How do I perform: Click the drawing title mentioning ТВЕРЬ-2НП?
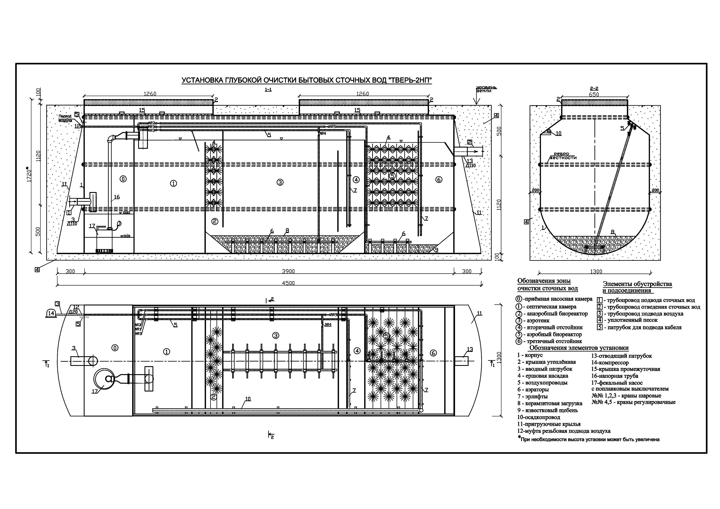pyautogui.click(x=307, y=81)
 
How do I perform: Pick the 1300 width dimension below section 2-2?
pyautogui.click(x=596, y=272)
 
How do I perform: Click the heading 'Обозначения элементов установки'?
pyautogui.click(x=579, y=348)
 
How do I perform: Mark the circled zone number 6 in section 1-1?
pyautogui.click(x=439, y=180)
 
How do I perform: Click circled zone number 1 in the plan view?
pyautogui.click(x=166, y=352)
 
